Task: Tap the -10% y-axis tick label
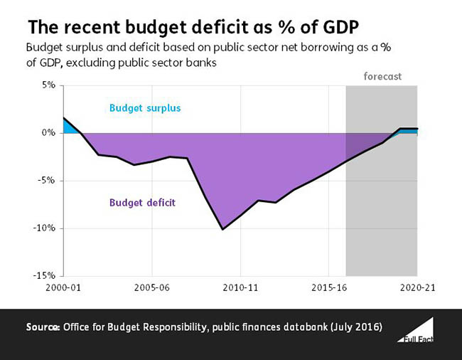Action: pos(46,228)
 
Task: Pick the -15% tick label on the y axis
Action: pos(46,276)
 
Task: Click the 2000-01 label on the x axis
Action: pos(63,289)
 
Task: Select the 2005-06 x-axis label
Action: pos(152,289)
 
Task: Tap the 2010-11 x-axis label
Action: pos(240,289)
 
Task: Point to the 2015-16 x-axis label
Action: pos(328,289)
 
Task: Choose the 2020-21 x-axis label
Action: pos(417,289)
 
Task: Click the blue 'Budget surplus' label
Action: pos(145,109)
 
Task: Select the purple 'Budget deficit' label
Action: pos(142,202)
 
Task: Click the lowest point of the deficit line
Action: pos(223,229)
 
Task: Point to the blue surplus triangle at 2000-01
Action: pos(69,127)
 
